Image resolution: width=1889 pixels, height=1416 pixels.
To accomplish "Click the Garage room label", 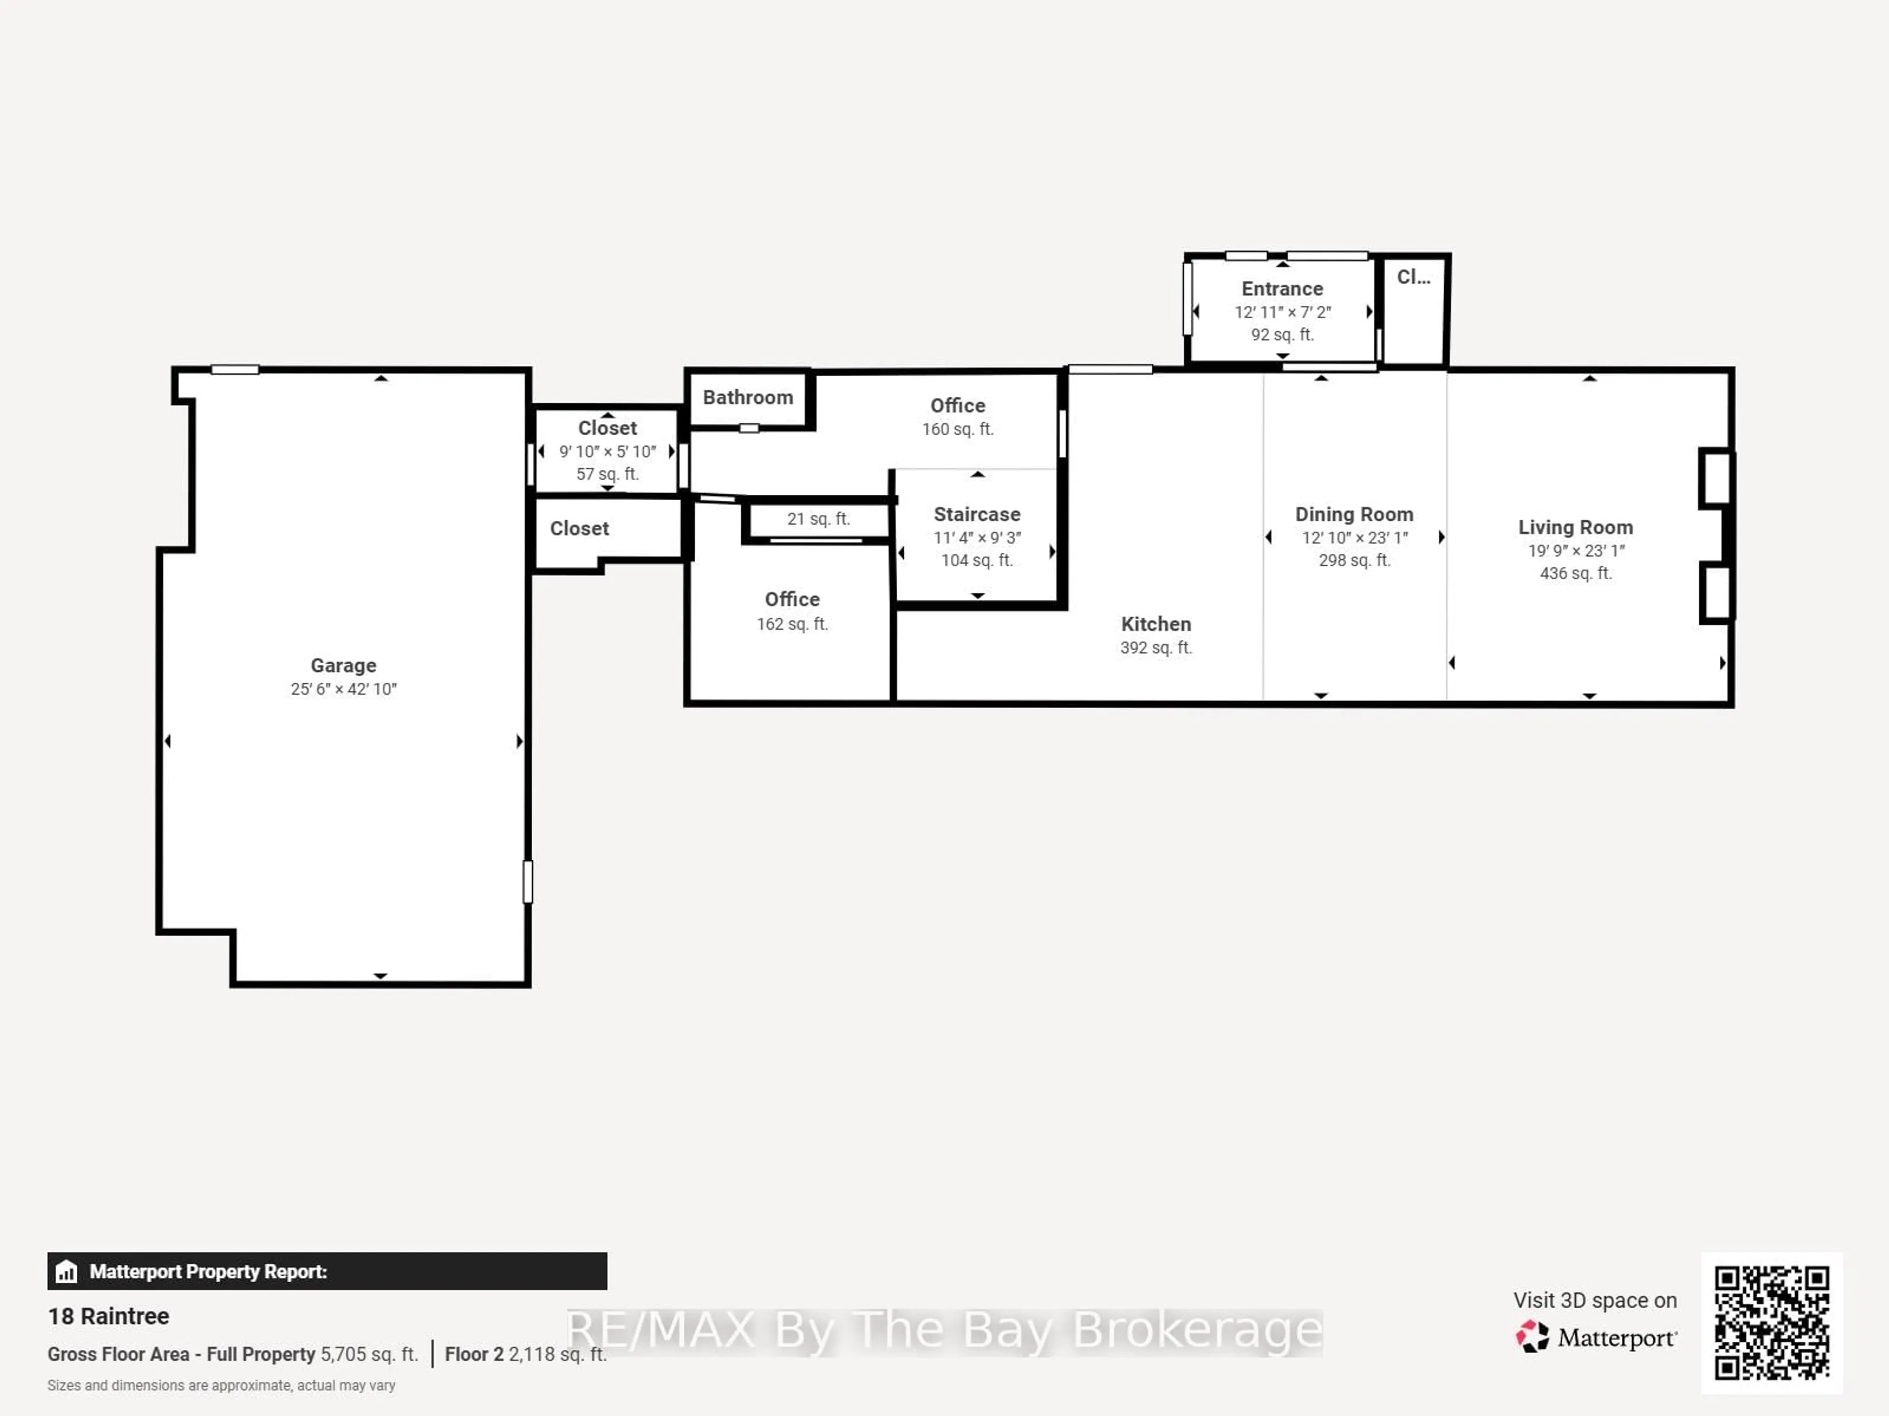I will pos(343,665).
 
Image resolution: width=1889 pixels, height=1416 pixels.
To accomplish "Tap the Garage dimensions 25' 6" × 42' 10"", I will pos(343,689).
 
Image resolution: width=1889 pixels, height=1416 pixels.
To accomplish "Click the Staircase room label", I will pos(977,514).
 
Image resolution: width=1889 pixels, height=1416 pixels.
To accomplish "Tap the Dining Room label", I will pos(1354,514).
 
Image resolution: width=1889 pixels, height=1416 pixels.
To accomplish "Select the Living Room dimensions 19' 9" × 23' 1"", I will pos(1576,551).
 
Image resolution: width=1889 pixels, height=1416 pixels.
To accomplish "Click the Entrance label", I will pos(1282,289).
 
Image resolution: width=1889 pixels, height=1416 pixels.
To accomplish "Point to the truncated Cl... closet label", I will pos(1413,277).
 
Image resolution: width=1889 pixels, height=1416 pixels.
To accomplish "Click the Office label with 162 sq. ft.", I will pos(792,600).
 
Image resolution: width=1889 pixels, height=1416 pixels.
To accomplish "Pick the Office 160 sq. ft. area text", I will pos(957,429).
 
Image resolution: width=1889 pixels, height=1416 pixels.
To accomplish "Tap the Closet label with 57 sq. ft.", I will pos(607,428).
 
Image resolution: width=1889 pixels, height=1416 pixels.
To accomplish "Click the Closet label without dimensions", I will pos(579,529).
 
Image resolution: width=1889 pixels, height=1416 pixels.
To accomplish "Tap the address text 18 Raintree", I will pos(108,1316).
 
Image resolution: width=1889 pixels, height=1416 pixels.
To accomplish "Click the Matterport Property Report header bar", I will pos(327,1271).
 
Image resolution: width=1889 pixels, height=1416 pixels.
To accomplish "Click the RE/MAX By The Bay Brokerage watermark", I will pos(944,1330).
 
